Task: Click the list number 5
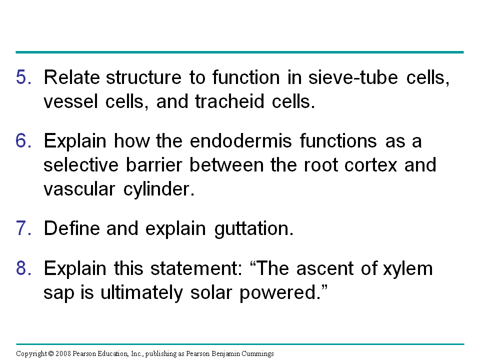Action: [x=23, y=77]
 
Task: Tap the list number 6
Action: [x=23, y=141]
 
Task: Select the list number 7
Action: [x=23, y=228]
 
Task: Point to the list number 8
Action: [x=23, y=268]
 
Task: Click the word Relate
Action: [x=72, y=77]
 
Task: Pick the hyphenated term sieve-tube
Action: [x=353, y=77]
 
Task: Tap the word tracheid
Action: [x=229, y=101]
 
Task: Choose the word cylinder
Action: [x=159, y=189]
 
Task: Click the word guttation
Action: [x=254, y=229]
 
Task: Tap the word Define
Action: [x=72, y=228]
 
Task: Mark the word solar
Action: [x=211, y=292]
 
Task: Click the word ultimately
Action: [x=141, y=293]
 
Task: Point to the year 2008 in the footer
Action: [x=63, y=354]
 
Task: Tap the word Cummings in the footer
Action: [x=258, y=354]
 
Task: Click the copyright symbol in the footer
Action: [x=51, y=354]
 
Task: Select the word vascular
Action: [x=79, y=189]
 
